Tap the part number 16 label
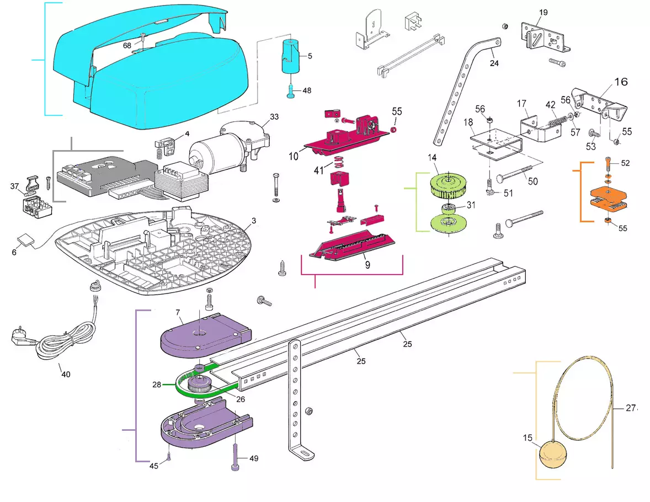click(x=621, y=82)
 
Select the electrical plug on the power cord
click(x=20, y=336)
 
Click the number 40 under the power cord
click(x=66, y=374)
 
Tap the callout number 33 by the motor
click(x=274, y=116)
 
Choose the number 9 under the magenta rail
click(x=367, y=264)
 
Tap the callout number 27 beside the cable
click(x=631, y=409)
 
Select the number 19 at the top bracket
click(x=544, y=12)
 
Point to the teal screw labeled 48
click(x=291, y=92)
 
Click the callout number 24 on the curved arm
click(x=494, y=63)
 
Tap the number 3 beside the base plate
click(x=253, y=221)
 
